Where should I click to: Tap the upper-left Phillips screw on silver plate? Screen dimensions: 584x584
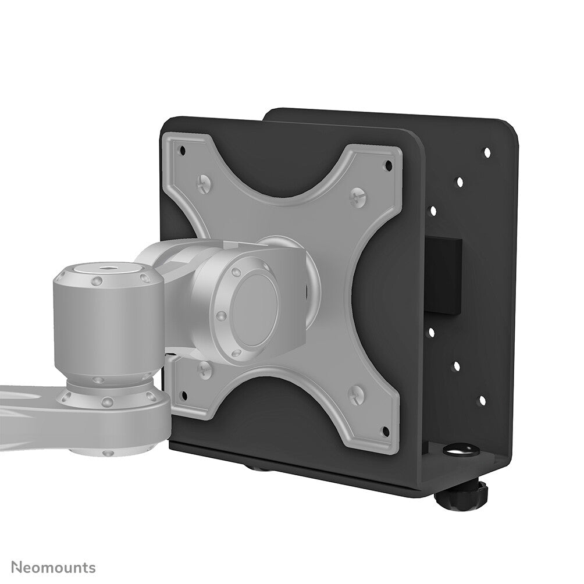tap(204, 184)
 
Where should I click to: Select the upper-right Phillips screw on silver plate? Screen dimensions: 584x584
tap(358, 197)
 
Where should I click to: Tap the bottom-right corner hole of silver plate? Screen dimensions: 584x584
tap(384, 432)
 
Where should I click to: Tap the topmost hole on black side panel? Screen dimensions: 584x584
tap(487, 152)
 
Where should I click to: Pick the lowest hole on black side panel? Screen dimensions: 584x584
tap(482, 400)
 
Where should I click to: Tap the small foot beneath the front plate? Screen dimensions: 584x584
tap(254, 466)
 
